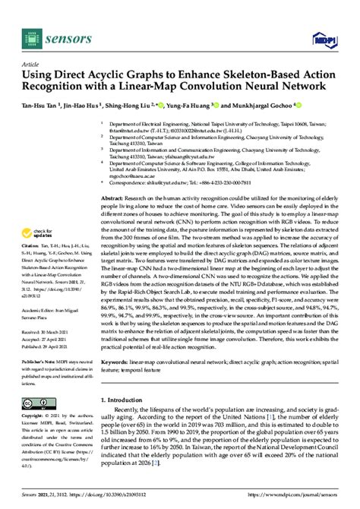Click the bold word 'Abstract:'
(115, 197)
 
